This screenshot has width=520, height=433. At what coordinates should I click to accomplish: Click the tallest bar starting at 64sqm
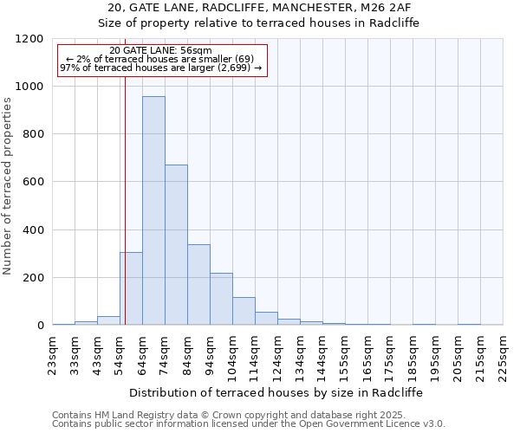[153, 210]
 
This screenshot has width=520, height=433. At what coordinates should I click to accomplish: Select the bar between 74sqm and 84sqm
[176, 245]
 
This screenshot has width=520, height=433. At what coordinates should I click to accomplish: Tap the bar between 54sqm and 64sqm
[131, 288]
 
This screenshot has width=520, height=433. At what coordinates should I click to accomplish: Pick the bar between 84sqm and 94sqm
[198, 285]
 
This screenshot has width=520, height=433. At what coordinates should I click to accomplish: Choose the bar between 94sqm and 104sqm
[221, 300]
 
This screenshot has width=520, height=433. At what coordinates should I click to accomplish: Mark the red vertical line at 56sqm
[125, 216]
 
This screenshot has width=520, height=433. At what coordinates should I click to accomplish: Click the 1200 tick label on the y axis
[30, 39]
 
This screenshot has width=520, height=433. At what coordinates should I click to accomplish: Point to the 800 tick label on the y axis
[34, 134]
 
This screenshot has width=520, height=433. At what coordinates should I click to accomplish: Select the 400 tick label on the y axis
[34, 230]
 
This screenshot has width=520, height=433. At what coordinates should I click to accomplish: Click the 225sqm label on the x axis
[504, 355]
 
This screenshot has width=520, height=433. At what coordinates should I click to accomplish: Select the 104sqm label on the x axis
[233, 355]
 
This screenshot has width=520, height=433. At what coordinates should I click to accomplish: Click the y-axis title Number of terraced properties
[9, 186]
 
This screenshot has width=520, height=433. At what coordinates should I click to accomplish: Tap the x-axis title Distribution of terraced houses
[276, 392]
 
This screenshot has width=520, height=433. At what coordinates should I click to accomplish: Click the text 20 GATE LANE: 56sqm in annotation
[161, 51]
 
